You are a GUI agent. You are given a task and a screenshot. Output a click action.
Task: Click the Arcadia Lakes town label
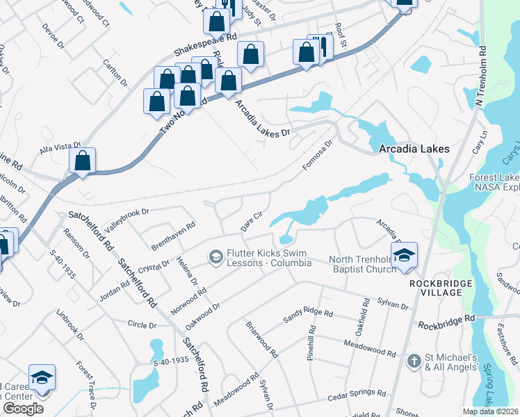point(414,149)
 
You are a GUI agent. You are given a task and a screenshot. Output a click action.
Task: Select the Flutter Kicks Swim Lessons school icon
point(216,258)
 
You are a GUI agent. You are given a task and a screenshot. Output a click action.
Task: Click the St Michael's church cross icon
point(414,360)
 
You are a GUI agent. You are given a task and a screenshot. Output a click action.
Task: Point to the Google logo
point(23,409)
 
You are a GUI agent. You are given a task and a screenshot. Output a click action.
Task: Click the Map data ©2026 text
point(490,411)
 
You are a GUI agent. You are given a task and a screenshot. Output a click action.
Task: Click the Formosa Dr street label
point(318,154)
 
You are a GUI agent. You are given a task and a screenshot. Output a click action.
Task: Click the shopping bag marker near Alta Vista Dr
point(82,161)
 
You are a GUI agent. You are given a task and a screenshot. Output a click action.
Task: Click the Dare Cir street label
point(251,222)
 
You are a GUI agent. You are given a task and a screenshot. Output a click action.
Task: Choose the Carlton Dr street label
point(115,72)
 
